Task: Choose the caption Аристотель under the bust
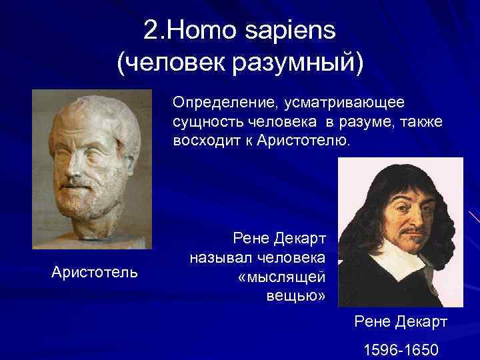pos(95,271)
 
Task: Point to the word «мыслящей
pos(281,276)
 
